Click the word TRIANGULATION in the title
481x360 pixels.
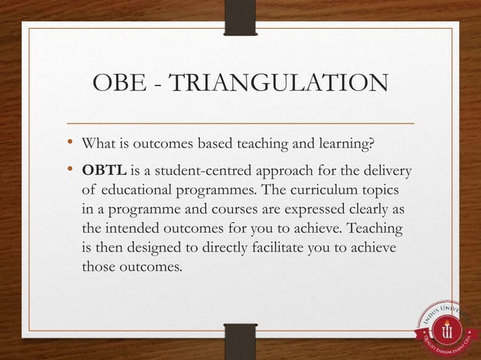point(280,84)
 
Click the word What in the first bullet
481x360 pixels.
point(100,143)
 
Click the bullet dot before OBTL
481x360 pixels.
point(69,170)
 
